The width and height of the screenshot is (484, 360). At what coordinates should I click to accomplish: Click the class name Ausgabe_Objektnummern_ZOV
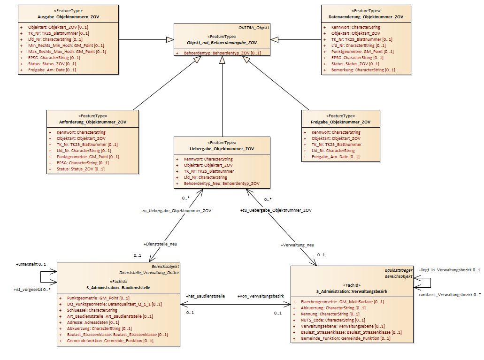coord(68,17)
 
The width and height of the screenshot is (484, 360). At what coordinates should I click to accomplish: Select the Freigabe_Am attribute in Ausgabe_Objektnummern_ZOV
coord(52,70)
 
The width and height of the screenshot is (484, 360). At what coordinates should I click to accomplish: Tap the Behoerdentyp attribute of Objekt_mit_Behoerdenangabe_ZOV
coord(222,53)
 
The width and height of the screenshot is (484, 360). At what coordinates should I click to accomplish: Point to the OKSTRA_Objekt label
coord(254,28)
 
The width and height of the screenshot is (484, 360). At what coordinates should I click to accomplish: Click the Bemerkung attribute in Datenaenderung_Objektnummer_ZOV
coord(363,70)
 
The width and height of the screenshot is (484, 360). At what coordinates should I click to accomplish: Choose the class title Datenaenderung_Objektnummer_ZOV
coord(366,17)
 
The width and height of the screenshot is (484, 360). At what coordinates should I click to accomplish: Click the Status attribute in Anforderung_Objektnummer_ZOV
coord(81,169)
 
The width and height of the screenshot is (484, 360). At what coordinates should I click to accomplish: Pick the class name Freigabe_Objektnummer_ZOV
coord(340,122)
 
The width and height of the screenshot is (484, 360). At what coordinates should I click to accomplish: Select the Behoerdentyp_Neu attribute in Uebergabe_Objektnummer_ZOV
coord(222,184)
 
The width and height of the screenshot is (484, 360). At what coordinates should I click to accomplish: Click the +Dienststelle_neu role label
coord(160,244)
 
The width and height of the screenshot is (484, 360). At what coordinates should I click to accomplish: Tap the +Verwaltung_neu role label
coord(297,245)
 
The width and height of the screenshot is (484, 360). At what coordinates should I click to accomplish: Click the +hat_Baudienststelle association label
coord(205,296)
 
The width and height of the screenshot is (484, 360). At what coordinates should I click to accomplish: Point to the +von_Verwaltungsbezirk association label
coord(261,296)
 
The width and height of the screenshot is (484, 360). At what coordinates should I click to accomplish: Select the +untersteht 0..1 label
coord(31,265)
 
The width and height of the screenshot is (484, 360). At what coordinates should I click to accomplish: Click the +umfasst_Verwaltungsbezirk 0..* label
coord(449,295)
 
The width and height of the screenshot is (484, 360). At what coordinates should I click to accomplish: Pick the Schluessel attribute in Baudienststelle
coord(92,310)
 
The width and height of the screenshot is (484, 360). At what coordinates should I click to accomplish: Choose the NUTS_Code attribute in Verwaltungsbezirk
coord(333,320)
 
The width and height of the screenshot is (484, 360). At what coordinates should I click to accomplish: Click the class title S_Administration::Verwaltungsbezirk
coord(352,291)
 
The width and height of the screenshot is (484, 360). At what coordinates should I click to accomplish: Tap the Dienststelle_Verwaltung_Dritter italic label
coord(149,273)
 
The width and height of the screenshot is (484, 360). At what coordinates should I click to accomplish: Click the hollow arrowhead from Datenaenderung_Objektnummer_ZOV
coord(275,39)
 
